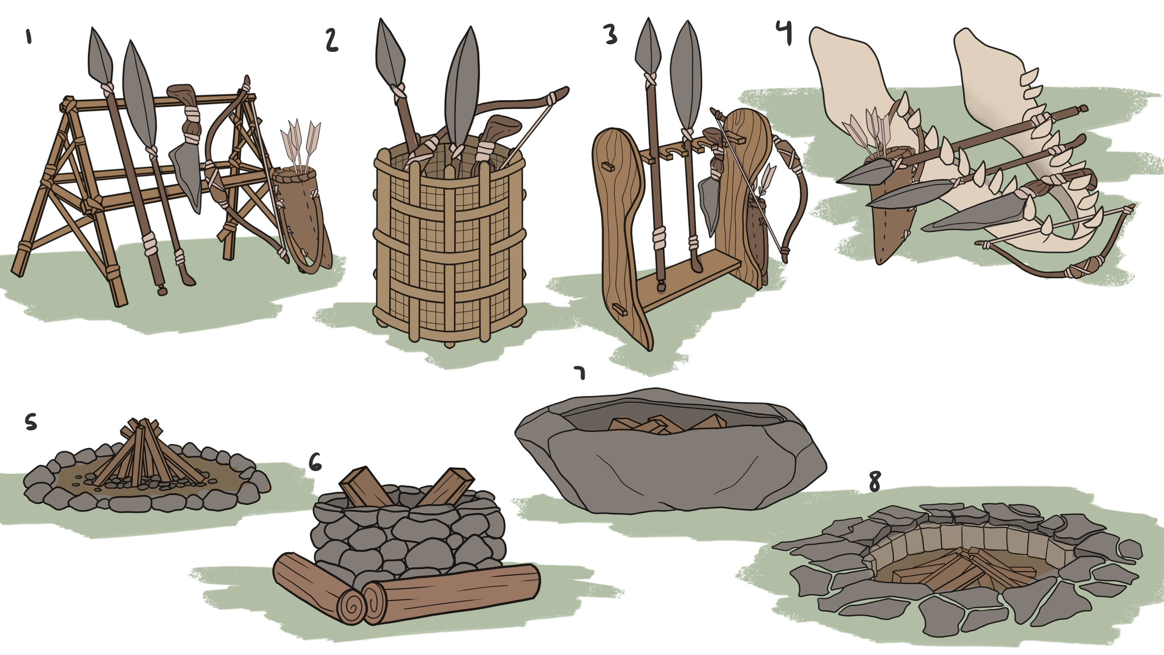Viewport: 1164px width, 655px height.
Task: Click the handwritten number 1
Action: [x=29, y=36]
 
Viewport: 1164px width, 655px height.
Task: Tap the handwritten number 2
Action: [x=332, y=40]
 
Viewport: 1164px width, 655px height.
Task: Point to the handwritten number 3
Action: [x=610, y=34]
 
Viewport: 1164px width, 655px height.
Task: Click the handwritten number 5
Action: [x=30, y=423]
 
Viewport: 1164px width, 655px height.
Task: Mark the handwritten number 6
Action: [x=315, y=463]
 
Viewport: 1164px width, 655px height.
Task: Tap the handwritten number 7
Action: [x=580, y=373]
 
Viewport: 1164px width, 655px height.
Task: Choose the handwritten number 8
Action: [x=875, y=481]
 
